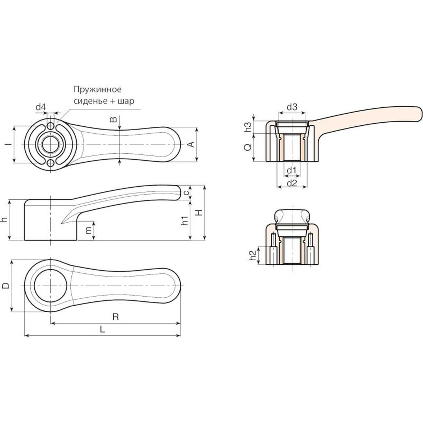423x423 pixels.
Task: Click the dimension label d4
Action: click(41, 107)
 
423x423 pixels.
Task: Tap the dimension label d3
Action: click(292, 107)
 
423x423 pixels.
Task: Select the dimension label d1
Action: click(291, 170)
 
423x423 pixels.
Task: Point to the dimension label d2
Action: click(292, 183)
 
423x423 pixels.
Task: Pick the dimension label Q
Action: click(248, 147)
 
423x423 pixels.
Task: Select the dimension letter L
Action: click(102, 329)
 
